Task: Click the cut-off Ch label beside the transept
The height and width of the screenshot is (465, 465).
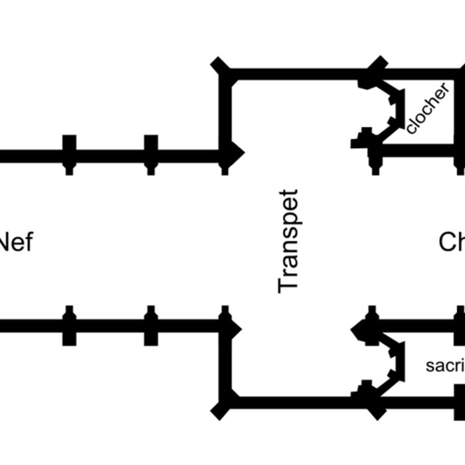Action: tap(452, 242)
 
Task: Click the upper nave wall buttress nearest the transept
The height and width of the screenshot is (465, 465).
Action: tap(151, 155)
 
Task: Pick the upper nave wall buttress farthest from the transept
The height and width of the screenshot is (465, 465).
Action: tap(69, 155)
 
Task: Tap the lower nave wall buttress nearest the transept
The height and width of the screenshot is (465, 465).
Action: tap(151, 325)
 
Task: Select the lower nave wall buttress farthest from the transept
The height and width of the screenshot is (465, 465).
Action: tap(69, 325)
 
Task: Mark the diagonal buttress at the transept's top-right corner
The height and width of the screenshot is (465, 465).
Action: tap(376, 66)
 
